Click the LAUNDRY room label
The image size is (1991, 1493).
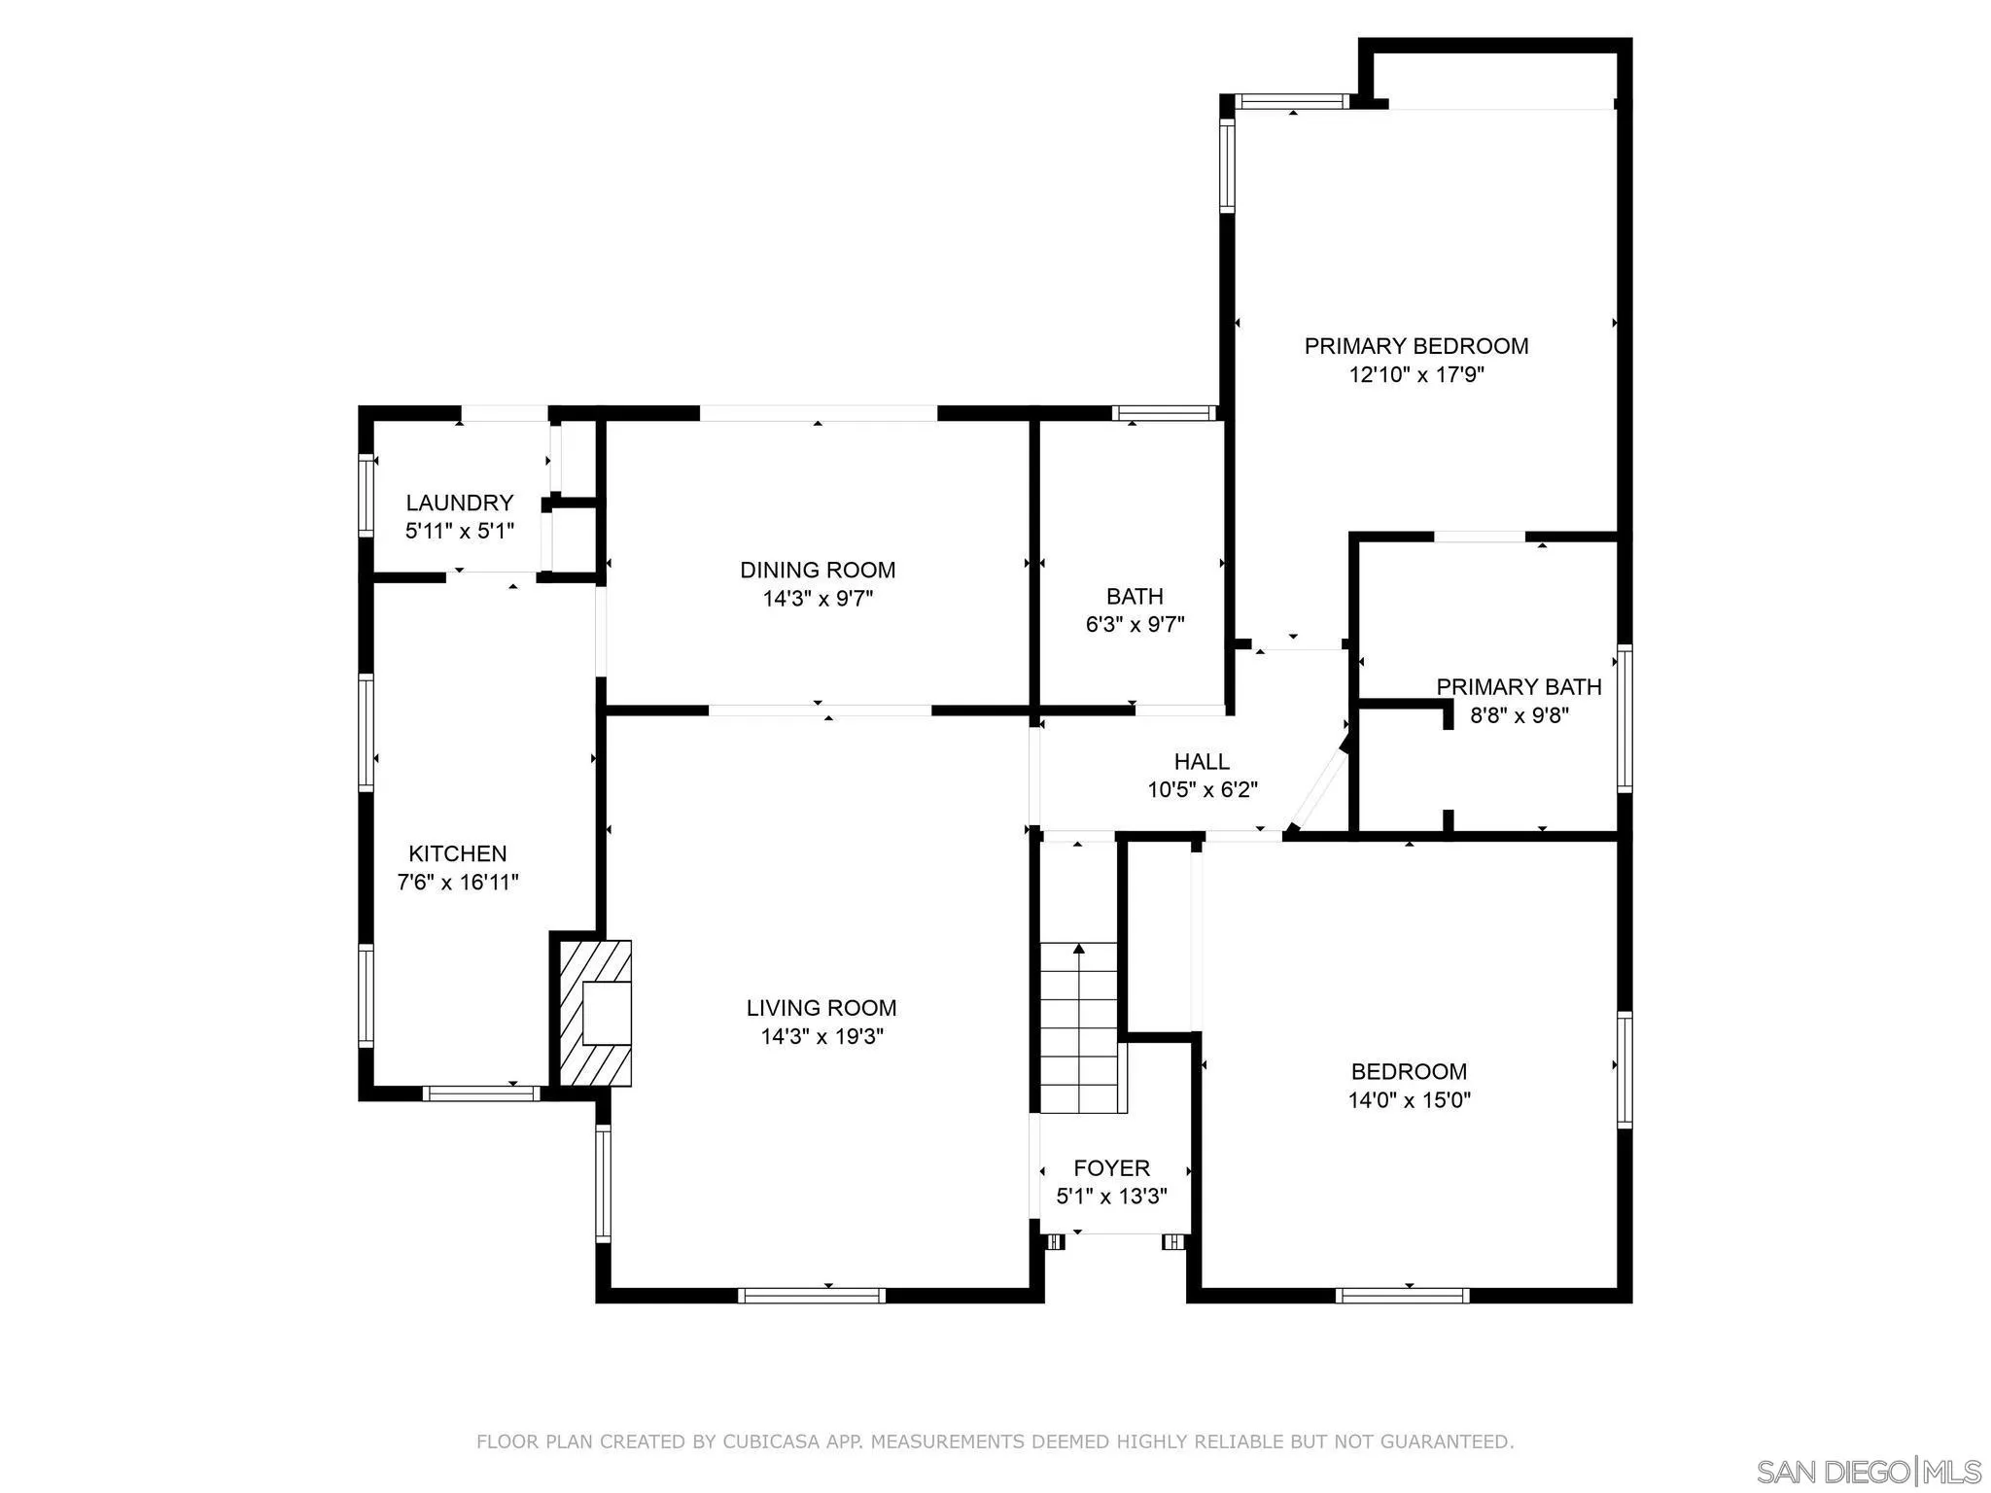(x=459, y=503)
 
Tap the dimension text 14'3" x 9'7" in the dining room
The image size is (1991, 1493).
(x=818, y=599)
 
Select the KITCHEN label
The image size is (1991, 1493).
(x=457, y=853)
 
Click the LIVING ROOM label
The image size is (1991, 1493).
(x=821, y=1008)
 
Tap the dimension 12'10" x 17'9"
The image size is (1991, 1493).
(x=1415, y=375)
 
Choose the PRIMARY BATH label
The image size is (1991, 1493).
(x=1519, y=687)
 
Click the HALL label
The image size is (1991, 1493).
(x=1202, y=762)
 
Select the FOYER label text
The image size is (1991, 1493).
(x=1111, y=1168)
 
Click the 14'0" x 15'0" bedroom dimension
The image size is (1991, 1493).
(x=1409, y=1100)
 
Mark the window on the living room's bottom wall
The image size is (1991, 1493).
(x=811, y=1295)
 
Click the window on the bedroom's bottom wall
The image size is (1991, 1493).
(x=1402, y=1295)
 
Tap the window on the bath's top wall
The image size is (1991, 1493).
(x=1165, y=413)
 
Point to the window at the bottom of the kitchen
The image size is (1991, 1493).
(x=481, y=1094)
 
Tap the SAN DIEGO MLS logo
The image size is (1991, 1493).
(x=1868, y=1471)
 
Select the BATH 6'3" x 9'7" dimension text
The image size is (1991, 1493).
(x=1135, y=625)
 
